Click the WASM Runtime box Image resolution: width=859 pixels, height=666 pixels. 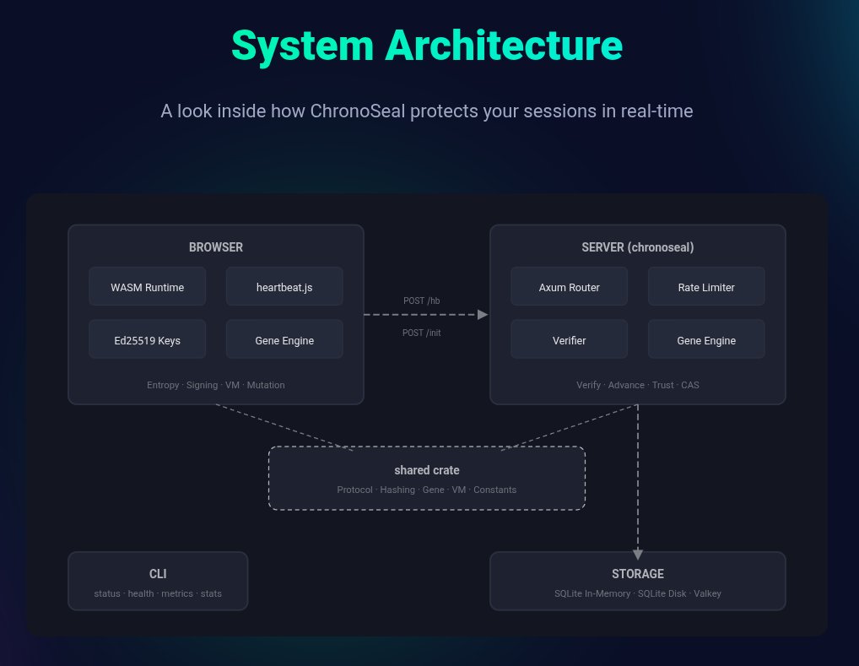click(148, 286)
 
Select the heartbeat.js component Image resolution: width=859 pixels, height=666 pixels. click(284, 286)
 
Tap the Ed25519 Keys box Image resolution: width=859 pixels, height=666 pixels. click(148, 339)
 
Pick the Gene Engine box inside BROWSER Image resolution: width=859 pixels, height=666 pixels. click(284, 339)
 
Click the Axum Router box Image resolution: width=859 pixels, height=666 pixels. click(570, 286)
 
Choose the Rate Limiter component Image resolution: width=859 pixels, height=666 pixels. click(706, 286)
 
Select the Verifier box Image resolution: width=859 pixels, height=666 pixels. click(570, 339)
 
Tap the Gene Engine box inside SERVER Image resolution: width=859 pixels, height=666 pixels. click(706, 339)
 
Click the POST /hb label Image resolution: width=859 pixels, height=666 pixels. click(421, 301)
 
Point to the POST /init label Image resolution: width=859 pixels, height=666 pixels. click(421, 333)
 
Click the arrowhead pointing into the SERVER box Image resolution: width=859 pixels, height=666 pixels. click(483, 315)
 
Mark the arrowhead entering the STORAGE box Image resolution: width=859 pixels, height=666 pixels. click(638, 554)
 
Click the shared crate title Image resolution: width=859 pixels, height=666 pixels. click(427, 470)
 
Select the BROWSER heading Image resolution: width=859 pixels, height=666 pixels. click(216, 247)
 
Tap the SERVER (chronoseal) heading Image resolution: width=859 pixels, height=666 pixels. click(638, 247)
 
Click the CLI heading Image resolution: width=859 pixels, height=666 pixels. click(158, 574)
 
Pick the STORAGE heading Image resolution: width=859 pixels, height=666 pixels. click(638, 574)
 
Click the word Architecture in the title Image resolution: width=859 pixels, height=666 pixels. click(504, 46)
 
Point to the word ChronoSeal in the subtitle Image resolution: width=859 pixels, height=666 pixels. click(358, 111)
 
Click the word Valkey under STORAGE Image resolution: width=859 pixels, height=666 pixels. click(707, 593)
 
